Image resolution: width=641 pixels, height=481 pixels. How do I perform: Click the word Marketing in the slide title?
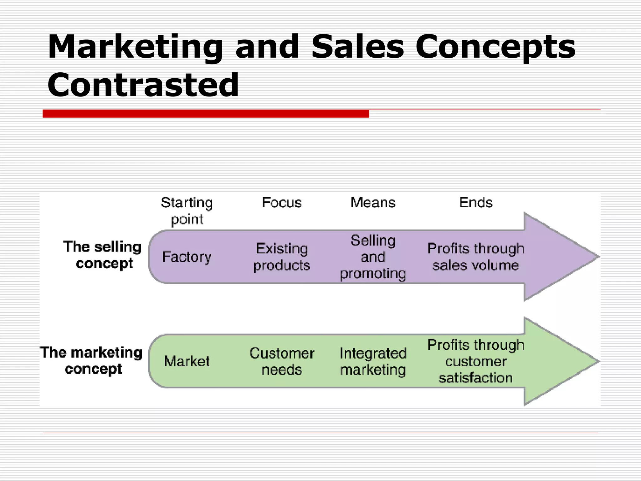135,47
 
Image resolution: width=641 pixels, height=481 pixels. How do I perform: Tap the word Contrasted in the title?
143,85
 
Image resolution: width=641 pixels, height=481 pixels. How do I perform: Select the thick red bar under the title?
206,114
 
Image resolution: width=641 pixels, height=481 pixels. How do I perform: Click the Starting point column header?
187,210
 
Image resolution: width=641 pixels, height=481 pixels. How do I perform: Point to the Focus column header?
282,203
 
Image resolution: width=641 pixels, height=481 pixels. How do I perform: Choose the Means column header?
373,203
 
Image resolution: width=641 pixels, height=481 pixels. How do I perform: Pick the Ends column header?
476,203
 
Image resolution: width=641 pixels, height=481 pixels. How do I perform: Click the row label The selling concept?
103,255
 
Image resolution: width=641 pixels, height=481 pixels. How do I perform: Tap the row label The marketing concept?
91,361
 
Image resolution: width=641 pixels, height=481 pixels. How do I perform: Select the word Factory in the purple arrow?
187,257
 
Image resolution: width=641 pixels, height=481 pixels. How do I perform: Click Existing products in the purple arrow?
282,257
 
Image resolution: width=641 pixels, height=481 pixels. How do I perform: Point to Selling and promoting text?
373,257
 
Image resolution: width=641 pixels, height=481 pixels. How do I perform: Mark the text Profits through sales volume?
475,257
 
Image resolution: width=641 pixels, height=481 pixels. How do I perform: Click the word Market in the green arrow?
187,361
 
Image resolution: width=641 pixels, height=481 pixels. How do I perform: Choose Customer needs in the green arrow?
282,361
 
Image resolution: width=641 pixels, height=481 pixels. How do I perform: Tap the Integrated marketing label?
373,361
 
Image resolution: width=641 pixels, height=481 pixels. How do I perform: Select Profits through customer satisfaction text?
475,361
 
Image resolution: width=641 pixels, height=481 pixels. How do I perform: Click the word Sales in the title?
357,47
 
